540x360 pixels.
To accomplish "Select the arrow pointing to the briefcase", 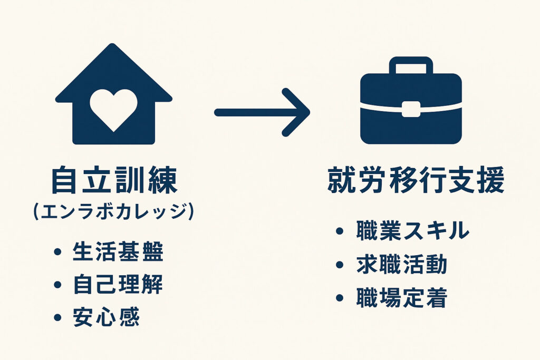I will pyautogui.click(x=262, y=112).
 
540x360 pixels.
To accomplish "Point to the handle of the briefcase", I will pyautogui.click(x=411, y=64).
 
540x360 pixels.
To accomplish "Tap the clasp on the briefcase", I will pyautogui.click(x=411, y=109).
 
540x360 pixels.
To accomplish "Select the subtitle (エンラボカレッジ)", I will pyautogui.click(x=113, y=212).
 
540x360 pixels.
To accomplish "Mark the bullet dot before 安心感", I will pyautogui.click(x=57, y=318).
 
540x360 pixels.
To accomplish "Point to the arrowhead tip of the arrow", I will pyautogui.click(x=309, y=112).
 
